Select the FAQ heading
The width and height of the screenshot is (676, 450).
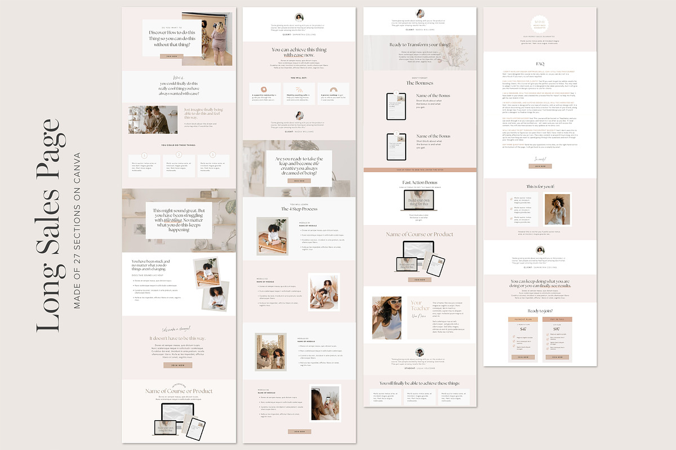point(540,64)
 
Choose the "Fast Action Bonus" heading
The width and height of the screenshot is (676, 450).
point(419,182)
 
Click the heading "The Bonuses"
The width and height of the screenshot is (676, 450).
point(419,83)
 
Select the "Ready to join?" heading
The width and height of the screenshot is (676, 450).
point(540,310)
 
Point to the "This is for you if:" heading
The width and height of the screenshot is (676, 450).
point(540,186)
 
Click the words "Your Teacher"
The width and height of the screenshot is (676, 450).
point(420,306)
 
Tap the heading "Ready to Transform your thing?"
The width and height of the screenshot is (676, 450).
point(419,44)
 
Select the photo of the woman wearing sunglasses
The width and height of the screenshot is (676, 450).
point(387,318)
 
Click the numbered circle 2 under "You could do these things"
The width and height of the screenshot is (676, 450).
point(179,155)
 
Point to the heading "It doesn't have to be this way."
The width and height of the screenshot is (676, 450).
point(179,338)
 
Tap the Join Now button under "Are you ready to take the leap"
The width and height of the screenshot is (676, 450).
point(299,181)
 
